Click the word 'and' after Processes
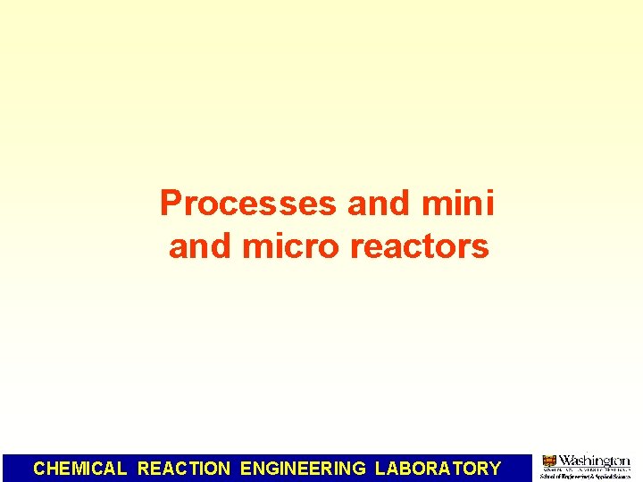coord(375,204)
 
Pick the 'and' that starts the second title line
coord(197,245)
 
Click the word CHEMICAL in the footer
coord(80,468)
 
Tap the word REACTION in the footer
coord(184,468)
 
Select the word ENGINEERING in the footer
coord(303,468)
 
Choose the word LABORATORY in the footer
coord(438,468)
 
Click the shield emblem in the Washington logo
coord(549,461)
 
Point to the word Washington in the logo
coord(594,461)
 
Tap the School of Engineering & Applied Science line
coord(585,477)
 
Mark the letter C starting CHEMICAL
coord(39,468)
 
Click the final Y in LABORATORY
coord(495,468)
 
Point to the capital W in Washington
coord(566,461)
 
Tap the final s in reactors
coord(482,246)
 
